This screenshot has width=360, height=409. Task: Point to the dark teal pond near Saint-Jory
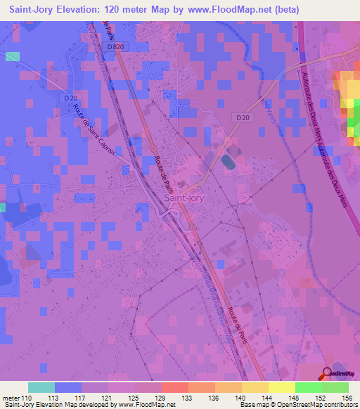[227, 162]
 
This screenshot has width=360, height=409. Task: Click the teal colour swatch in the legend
[41, 387]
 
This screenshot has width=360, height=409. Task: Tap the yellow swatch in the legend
[281, 387]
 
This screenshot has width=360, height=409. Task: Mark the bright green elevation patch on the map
[352, 127]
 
